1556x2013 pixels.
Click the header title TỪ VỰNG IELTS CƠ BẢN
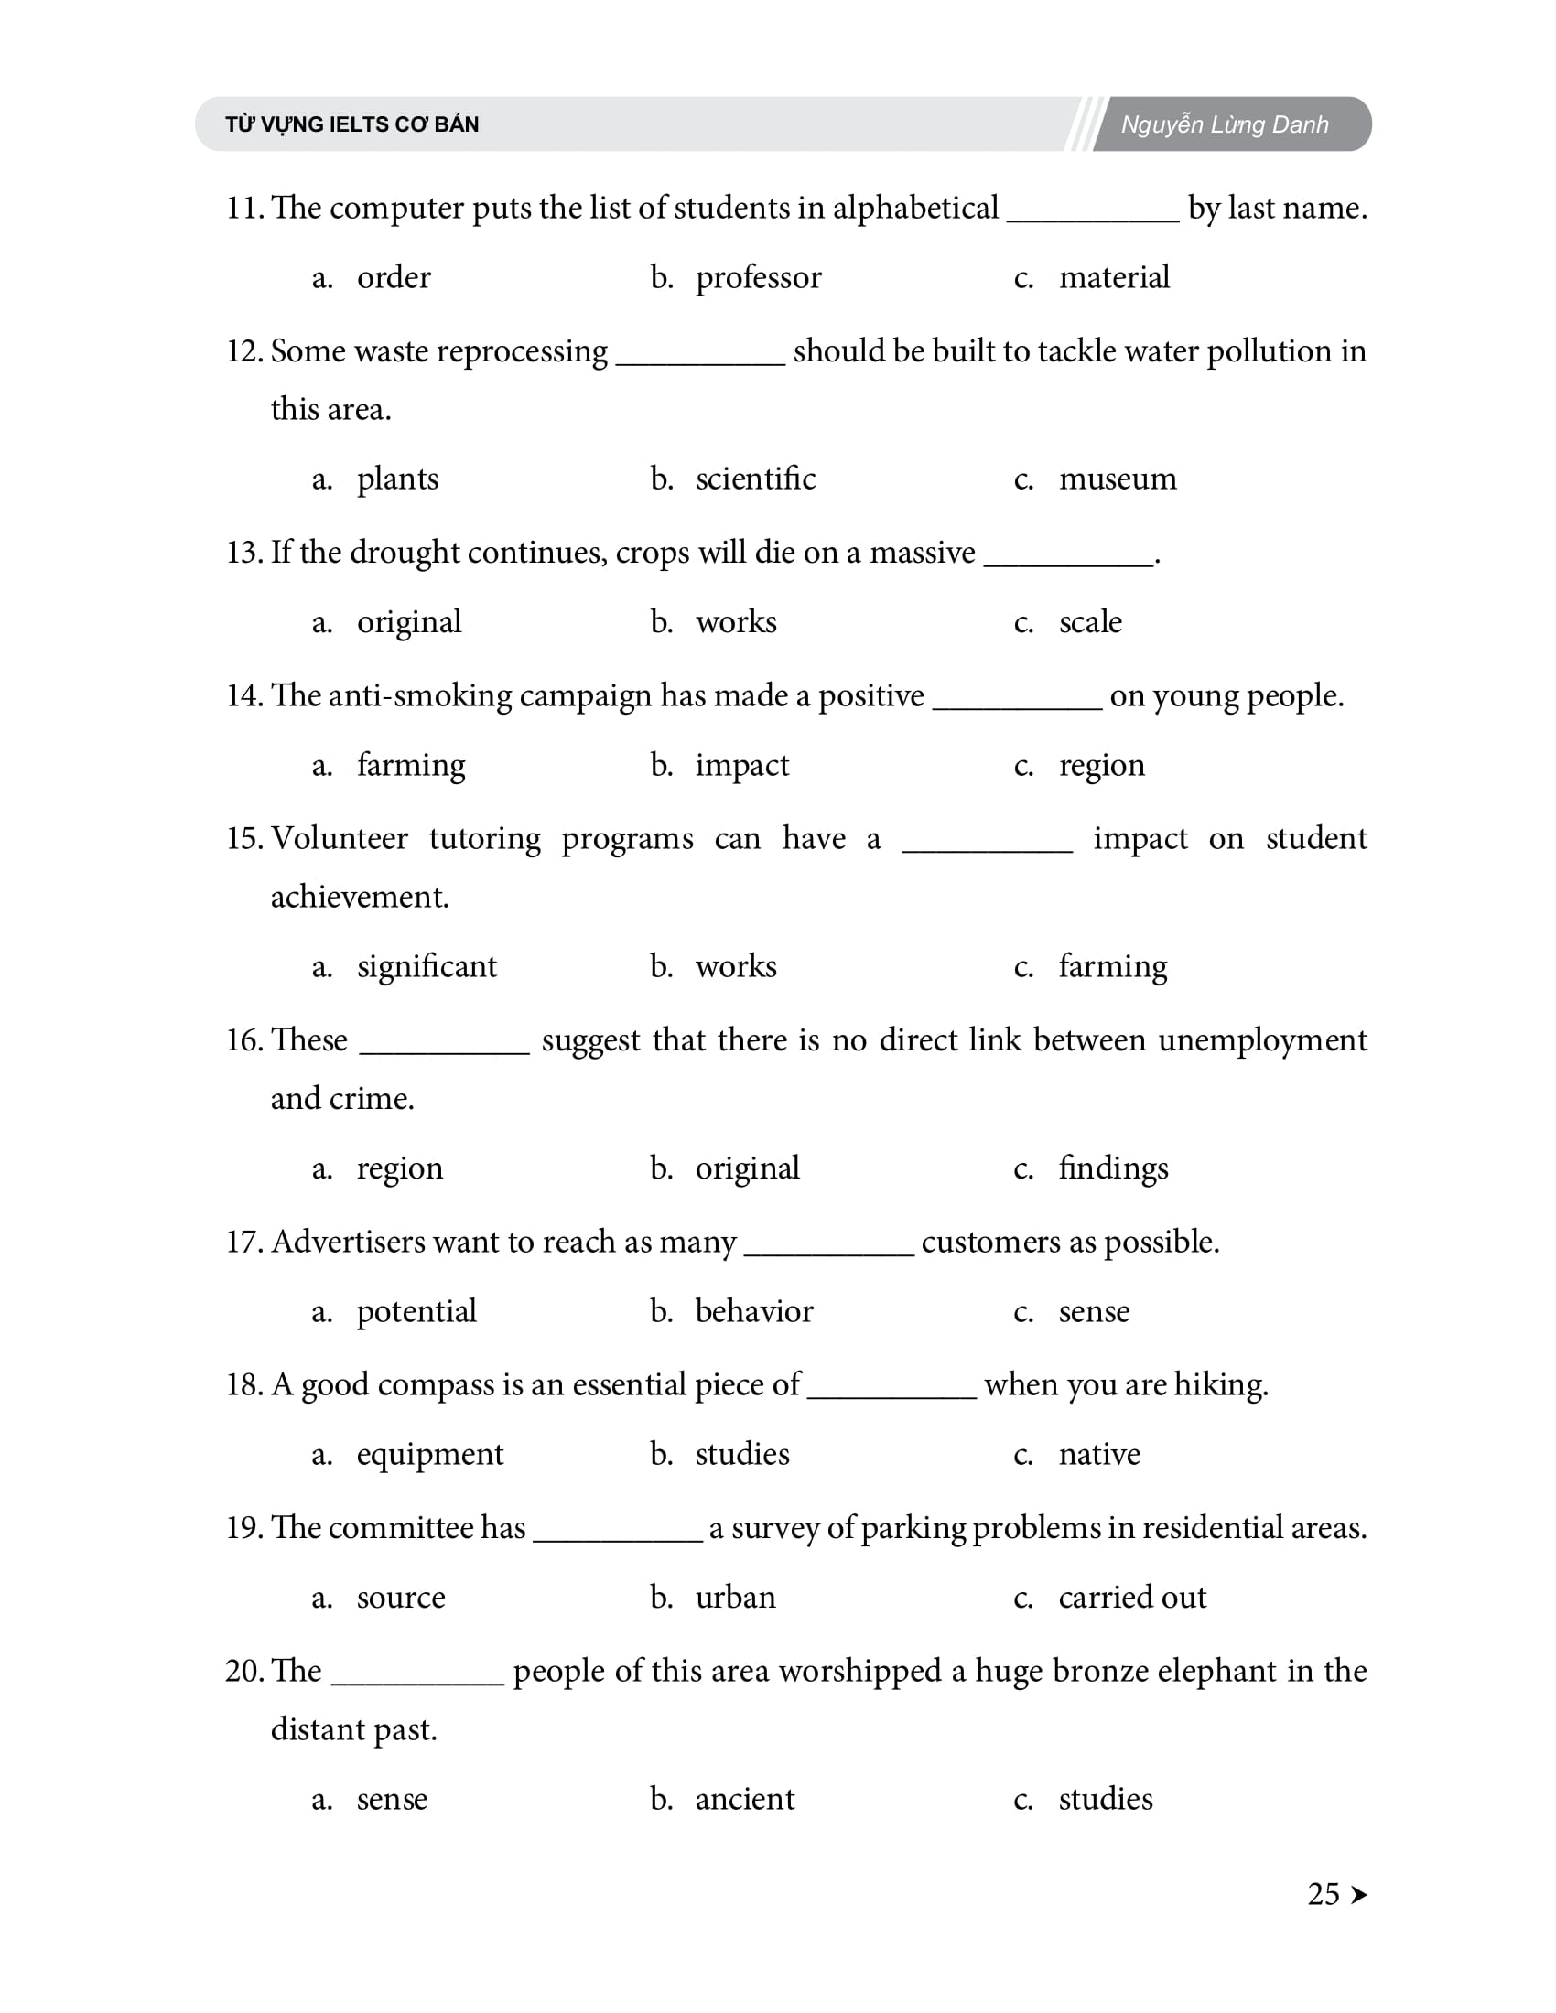pos(352,124)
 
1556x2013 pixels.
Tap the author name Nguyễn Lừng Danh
pos(1224,124)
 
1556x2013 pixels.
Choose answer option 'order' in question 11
pos(394,277)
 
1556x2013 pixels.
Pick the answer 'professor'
pos(758,277)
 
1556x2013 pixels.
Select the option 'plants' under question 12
pos(397,479)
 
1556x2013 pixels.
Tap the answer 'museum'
pos(1118,479)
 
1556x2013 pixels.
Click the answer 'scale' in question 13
pos(1090,622)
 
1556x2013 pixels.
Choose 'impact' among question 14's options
pos(742,765)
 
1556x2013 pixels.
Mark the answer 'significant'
pos(427,967)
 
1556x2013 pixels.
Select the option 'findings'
pos(1113,1168)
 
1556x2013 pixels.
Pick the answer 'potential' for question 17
pos(416,1311)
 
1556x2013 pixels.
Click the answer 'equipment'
pos(430,1455)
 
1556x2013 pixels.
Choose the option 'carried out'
pos(1132,1598)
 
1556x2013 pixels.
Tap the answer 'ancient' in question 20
pos(745,1799)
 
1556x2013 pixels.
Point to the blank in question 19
pos(618,1536)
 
